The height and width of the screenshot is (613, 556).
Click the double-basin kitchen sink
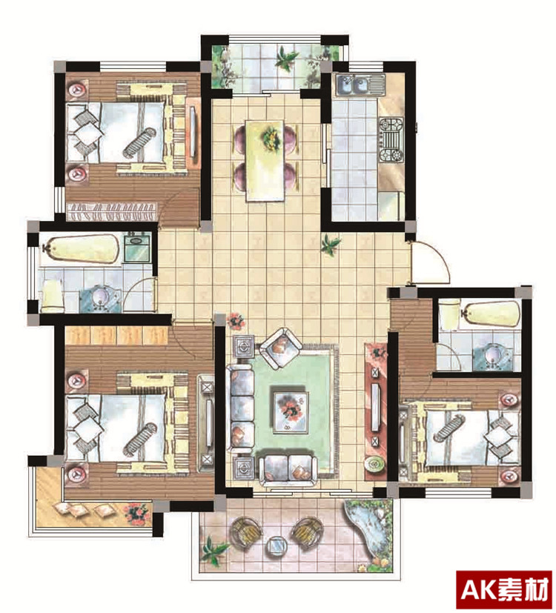[360, 85]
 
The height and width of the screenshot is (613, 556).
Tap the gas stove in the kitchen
[391, 139]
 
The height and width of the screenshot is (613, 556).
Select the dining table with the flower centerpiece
[265, 160]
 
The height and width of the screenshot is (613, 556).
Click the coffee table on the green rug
[291, 412]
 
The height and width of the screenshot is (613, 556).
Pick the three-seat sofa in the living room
[240, 409]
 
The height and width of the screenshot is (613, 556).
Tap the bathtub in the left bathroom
[82, 248]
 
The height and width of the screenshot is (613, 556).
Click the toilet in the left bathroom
[53, 296]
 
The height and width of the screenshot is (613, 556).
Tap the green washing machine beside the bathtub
[137, 247]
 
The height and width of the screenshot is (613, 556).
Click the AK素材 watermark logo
[505, 590]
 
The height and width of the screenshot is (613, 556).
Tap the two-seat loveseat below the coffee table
[288, 470]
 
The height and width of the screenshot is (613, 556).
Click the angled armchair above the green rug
[280, 348]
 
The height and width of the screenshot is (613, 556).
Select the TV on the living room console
[375, 408]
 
